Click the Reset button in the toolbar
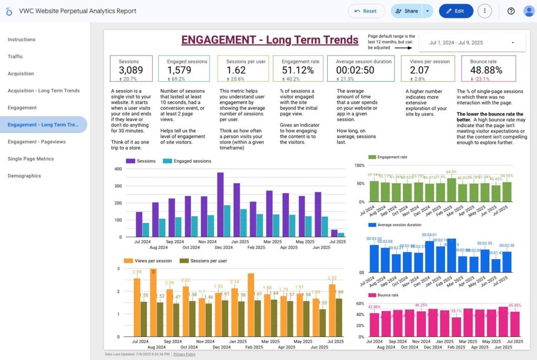[x=366, y=11]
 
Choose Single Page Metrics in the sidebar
[x=31, y=158]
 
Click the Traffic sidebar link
[x=15, y=57]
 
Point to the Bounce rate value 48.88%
[x=486, y=70]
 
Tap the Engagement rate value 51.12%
[x=298, y=70]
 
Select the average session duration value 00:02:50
[x=355, y=70]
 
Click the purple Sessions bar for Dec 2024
[x=220, y=205]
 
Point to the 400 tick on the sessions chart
[x=117, y=169]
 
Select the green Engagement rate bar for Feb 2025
[x=452, y=190]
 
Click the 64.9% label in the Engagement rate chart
[x=452, y=172]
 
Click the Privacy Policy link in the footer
[x=185, y=354]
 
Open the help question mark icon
[x=511, y=11]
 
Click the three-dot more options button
[x=485, y=11]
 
